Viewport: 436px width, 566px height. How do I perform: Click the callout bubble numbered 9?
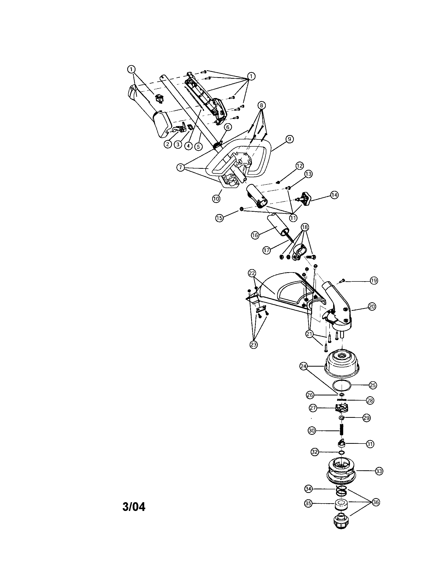[x=289, y=139]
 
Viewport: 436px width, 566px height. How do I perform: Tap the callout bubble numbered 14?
[x=334, y=195]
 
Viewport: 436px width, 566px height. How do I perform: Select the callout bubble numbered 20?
[x=372, y=307]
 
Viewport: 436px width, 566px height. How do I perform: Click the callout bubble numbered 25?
[x=373, y=385]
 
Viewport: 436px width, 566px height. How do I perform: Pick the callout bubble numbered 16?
[x=255, y=235]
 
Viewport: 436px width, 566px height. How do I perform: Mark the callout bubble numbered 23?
[x=254, y=345]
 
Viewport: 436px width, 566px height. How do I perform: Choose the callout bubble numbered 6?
[x=228, y=127]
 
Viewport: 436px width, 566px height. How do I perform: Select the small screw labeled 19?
[x=342, y=280]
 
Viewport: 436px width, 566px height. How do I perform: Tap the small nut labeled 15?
[x=241, y=209]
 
